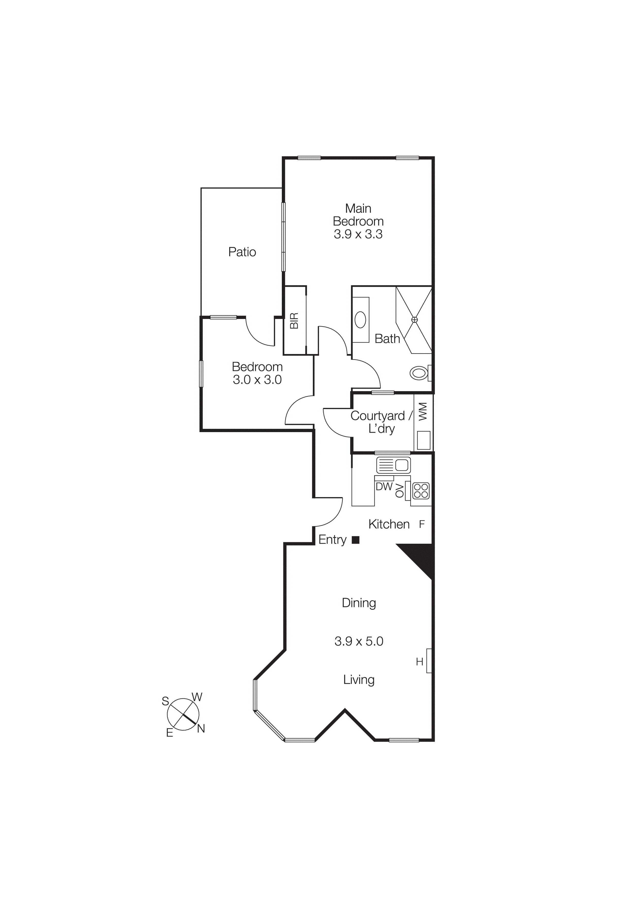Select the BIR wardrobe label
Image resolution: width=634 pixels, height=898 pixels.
294,321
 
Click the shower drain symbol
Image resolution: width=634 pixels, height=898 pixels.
415,319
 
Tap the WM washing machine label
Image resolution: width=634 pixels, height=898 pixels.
423,411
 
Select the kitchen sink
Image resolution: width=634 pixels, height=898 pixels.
393,465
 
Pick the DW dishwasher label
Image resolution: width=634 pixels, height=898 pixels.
384,487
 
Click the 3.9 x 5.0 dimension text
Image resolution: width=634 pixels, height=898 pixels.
359,642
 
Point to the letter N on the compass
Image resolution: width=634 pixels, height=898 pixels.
201,729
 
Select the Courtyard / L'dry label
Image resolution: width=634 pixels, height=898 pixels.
381,422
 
